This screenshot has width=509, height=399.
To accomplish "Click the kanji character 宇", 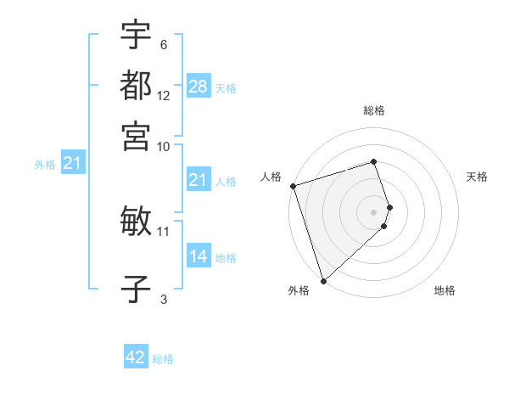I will [136, 36].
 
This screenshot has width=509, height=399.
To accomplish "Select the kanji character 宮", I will [136, 135].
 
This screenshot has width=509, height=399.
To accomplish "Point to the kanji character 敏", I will [136, 222].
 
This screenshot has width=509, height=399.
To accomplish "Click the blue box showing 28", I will [199, 86].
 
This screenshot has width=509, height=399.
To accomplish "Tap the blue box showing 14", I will [199, 256].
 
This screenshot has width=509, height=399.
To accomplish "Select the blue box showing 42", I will [136, 357].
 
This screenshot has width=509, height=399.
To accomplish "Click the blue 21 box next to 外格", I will [72, 164].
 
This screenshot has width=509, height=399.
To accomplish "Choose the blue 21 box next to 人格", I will [199, 180].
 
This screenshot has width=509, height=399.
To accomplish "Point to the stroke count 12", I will [164, 97].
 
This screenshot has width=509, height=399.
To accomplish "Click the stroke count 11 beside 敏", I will [164, 231].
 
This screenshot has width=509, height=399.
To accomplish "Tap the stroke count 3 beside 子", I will [164, 299].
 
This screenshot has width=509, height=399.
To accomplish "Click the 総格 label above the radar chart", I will [374, 111].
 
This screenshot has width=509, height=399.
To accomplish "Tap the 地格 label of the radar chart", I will [445, 291].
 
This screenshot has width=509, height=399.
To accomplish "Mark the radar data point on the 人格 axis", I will [293, 186].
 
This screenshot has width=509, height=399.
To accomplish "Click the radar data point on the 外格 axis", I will [323, 280].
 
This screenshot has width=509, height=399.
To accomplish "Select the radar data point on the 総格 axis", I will [374, 162].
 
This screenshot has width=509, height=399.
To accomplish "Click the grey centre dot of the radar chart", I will [374, 211].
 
